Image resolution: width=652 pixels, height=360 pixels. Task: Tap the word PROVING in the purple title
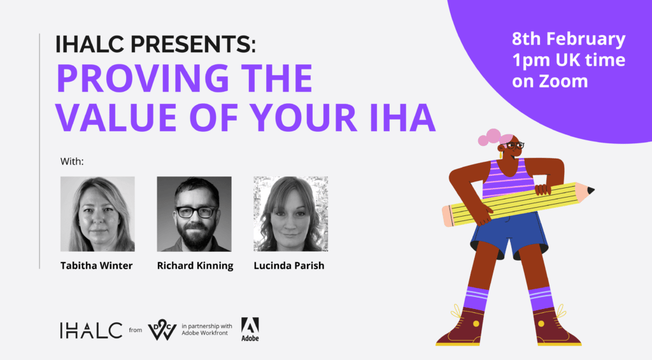pyautogui.click(x=142, y=78)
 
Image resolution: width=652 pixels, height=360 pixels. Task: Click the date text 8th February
pyautogui.click(x=569, y=39)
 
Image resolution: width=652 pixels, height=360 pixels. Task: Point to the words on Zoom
pyautogui.click(x=549, y=81)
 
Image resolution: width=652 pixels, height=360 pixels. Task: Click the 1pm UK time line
pyautogui.click(x=569, y=60)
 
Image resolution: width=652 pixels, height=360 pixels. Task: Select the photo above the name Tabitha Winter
pyautogui.click(x=97, y=214)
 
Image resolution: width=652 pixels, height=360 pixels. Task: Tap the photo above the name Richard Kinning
pyautogui.click(x=194, y=214)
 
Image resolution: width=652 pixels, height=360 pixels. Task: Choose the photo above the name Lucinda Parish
pyautogui.click(x=290, y=214)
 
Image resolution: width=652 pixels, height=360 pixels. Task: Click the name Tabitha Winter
pyautogui.click(x=97, y=266)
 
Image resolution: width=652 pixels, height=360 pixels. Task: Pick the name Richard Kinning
pyautogui.click(x=195, y=266)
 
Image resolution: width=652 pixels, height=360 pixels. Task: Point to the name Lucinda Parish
pyautogui.click(x=289, y=266)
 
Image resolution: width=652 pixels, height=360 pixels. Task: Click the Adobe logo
pyautogui.click(x=250, y=329)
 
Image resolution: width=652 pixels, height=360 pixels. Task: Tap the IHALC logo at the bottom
pyautogui.click(x=91, y=330)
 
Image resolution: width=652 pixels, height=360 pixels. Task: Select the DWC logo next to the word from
pyautogui.click(x=162, y=329)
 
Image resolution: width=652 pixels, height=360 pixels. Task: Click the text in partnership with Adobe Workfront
pyautogui.click(x=207, y=329)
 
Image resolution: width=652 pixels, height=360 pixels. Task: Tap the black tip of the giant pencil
pyautogui.click(x=590, y=191)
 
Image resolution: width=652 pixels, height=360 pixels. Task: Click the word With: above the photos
pyautogui.click(x=72, y=161)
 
